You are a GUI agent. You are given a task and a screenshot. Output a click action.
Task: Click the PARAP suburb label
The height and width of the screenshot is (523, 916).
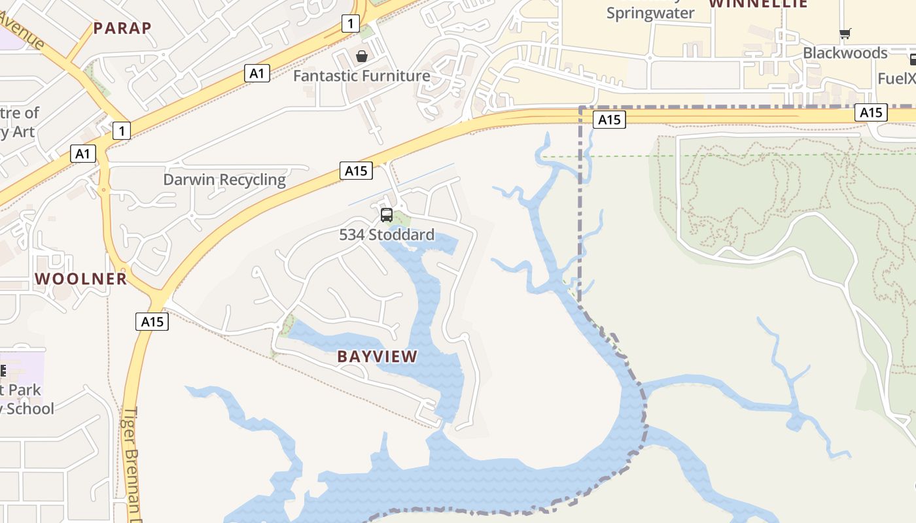pyautogui.click(x=122, y=27)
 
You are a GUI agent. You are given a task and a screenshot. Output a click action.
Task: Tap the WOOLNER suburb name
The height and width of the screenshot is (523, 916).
pyautogui.click(x=81, y=278)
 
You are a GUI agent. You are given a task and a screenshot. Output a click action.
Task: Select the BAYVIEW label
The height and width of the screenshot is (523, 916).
pyautogui.click(x=377, y=356)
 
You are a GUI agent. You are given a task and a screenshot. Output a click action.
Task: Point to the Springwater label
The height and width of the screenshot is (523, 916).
pyautogui.click(x=650, y=13)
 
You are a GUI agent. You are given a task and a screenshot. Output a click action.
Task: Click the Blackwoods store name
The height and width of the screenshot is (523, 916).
pyautogui.click(x=845, y=53)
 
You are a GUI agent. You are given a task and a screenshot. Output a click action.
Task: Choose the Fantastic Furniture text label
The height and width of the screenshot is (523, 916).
pyautogui.click(x=361, y=76)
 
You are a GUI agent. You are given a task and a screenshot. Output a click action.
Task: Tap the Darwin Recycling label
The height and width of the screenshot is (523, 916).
pyautogui.click(x=224, y=180)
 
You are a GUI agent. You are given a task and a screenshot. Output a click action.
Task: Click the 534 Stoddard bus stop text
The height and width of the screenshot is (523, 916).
pyautogui.click(x=386, y=235)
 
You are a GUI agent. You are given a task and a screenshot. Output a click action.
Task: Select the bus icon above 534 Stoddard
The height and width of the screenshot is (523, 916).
pyautogui.click(x=387, y=215)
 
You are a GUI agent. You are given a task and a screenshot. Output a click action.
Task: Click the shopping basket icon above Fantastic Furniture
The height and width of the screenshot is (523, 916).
pyautogui.click(x=362, y=57)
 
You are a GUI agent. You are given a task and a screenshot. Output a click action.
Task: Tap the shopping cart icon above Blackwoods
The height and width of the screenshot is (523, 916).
pyautogui.click(x=845, y=34)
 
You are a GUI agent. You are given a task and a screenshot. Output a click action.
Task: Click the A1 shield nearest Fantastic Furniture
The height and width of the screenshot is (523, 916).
pyautogui.click(x=257, y=73)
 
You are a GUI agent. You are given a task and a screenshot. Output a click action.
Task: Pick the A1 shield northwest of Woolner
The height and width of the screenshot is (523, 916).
pyautogui.click(x=82, y=154)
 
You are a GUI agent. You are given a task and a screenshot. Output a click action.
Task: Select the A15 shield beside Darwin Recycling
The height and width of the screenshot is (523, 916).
pyautogui.click(x=356, y=171)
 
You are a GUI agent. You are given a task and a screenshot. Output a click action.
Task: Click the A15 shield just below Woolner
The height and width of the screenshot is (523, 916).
pyautogui.click(x=152, y=322)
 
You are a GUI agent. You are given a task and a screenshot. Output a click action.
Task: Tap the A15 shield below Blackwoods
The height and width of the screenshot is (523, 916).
pyautogui.click(x=871, y=112)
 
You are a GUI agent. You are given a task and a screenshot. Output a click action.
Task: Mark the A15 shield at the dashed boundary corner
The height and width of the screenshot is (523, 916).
pyautogui.click(x=609, y=119)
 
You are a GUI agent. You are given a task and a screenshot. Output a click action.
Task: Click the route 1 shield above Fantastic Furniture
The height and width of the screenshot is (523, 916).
pyautogui.click(x=351, y=24)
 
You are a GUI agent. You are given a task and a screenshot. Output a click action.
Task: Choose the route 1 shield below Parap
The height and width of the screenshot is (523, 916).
pyautogui.click(x=121, y=131)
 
